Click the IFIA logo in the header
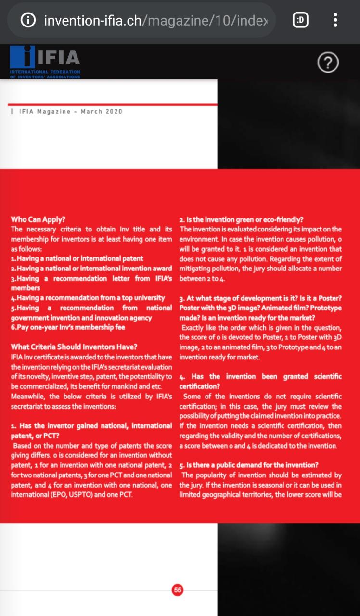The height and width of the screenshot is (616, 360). click(x=45, y=61)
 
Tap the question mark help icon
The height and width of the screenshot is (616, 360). click(x=328, y=63)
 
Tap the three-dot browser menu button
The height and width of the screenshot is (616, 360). click(x=335, y=20)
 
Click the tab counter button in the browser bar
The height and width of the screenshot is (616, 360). click(x=300, y=20)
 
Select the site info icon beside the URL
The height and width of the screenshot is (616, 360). click(x=28, y=20)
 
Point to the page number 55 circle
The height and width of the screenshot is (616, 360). click(x=178, y=590)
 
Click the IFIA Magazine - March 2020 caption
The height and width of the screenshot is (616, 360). click(x=70, y=112)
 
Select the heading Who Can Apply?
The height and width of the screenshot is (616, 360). click(x=38, y=219)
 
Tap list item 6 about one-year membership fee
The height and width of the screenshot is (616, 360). click(x=68, y=327)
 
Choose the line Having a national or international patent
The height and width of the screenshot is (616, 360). click(x=77, y=259)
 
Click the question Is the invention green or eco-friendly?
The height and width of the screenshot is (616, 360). click(x=241, y=219)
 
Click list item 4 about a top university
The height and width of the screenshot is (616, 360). click(x=88, y=298)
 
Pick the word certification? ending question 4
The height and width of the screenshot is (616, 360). click(x=200, y=386)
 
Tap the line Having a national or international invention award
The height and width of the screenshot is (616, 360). click(x=91, y=269)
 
